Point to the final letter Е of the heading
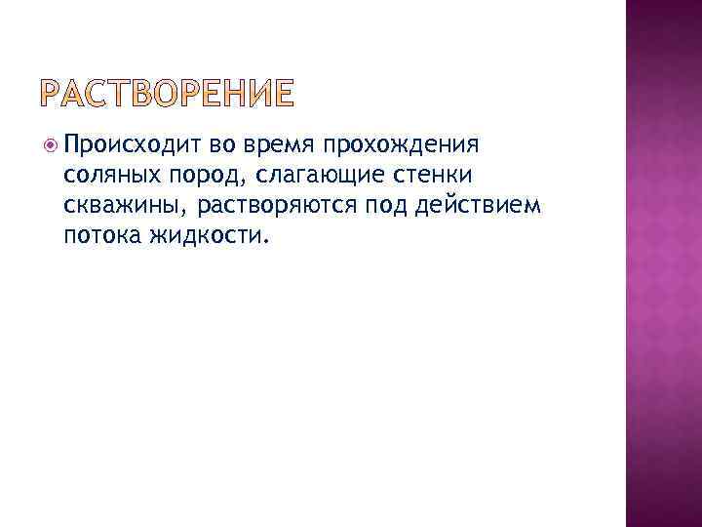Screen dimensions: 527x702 tap(281, 94)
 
